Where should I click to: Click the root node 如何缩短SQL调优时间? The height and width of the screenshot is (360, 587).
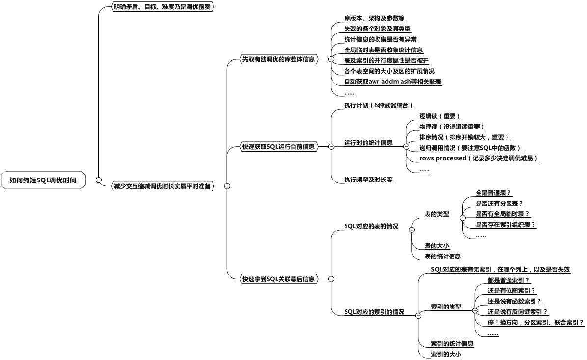[x=43, y=180]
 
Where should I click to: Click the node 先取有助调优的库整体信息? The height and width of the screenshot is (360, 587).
[x=278, y=59]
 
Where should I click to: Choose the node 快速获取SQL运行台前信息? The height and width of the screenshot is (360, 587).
[x=278, y=146]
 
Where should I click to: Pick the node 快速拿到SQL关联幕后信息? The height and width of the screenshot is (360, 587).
[x=278, y=279]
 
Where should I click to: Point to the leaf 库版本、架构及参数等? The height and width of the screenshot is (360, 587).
[x=371, y=18]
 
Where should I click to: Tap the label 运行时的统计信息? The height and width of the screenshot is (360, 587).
[x=368, y=143]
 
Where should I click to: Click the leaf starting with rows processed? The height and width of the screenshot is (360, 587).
[x=479, y=158]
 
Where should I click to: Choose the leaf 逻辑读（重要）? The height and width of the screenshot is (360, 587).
[x=439, y=116]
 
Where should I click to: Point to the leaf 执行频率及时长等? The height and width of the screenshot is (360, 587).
[x=369, y=180]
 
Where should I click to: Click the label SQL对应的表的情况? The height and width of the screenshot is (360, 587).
[x=371, y=226]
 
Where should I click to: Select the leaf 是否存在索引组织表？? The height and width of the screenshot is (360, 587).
[x=506, y=225]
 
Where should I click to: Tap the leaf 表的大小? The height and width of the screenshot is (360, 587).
[x=436, y=245]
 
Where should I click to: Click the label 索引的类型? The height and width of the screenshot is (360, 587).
[x=446, y=307]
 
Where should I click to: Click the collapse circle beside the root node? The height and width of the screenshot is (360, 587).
[x=99, y=180]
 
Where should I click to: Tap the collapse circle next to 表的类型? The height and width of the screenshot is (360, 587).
[x=463, y=218]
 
